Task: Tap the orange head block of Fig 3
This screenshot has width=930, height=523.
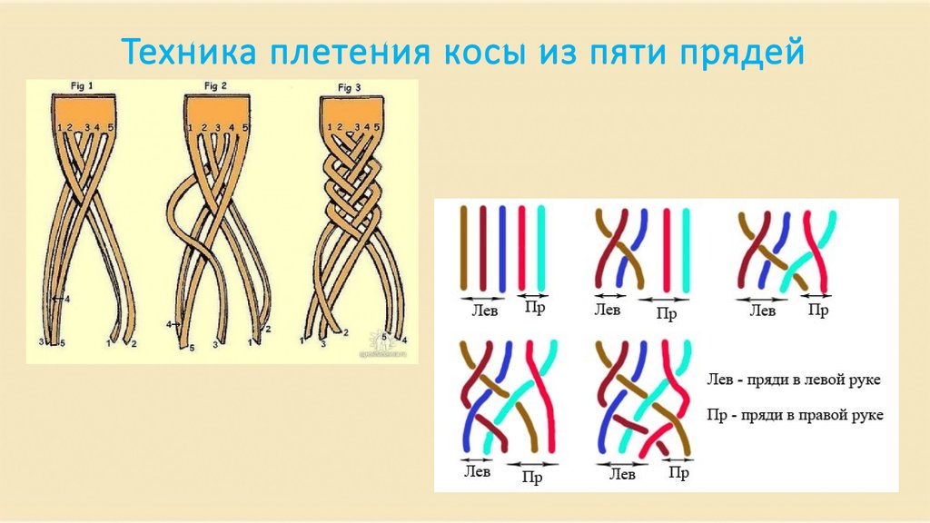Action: point(348,108)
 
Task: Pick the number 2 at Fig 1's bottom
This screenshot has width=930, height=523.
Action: point(134,344)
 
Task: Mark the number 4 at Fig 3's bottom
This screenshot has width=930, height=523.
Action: point(404,340)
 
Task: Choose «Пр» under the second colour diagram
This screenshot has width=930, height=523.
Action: point(668,313)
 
